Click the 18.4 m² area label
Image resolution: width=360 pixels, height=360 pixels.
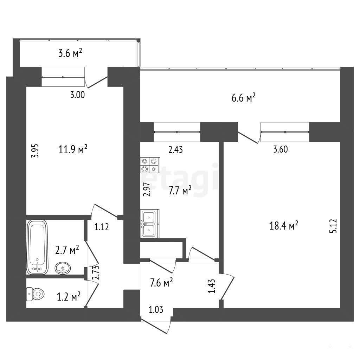click(x=284, y=225)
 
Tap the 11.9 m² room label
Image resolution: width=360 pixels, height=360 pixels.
click(x=73, y=149)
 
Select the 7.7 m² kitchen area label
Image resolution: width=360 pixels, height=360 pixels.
click(x=180, y=191)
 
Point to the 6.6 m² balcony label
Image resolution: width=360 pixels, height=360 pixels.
click(x=243, y=98)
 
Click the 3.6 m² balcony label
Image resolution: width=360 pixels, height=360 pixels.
click(x=70, y=53)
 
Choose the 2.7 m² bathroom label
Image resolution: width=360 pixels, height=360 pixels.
click(x=67, y=250)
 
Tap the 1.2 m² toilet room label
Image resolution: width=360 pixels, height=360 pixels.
click(x=69, y=297)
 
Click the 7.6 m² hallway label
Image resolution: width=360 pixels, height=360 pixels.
click(x=161, y=282)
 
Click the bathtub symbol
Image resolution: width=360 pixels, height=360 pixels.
click(x=37, y=247)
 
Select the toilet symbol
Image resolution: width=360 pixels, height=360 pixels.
click(x=35, y=294)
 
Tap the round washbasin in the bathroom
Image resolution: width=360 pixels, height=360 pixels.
click(x=63, y=268)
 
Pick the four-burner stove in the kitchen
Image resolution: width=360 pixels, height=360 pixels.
click(x=150, y=165)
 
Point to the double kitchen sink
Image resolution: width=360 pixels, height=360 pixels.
click(x=149, y=223)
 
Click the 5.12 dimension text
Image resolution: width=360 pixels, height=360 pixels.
click(x=333, y=226)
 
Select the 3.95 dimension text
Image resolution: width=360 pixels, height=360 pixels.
click(x=35, y=151)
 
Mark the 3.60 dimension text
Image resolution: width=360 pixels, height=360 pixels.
click(x=280, y=149)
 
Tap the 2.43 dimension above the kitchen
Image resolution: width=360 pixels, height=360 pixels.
click(x=176, y=150)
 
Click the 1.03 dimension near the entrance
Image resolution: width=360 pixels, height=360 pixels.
click(x=156, y=310)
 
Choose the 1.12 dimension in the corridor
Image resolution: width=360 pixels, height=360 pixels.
click(x=102, y=227)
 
